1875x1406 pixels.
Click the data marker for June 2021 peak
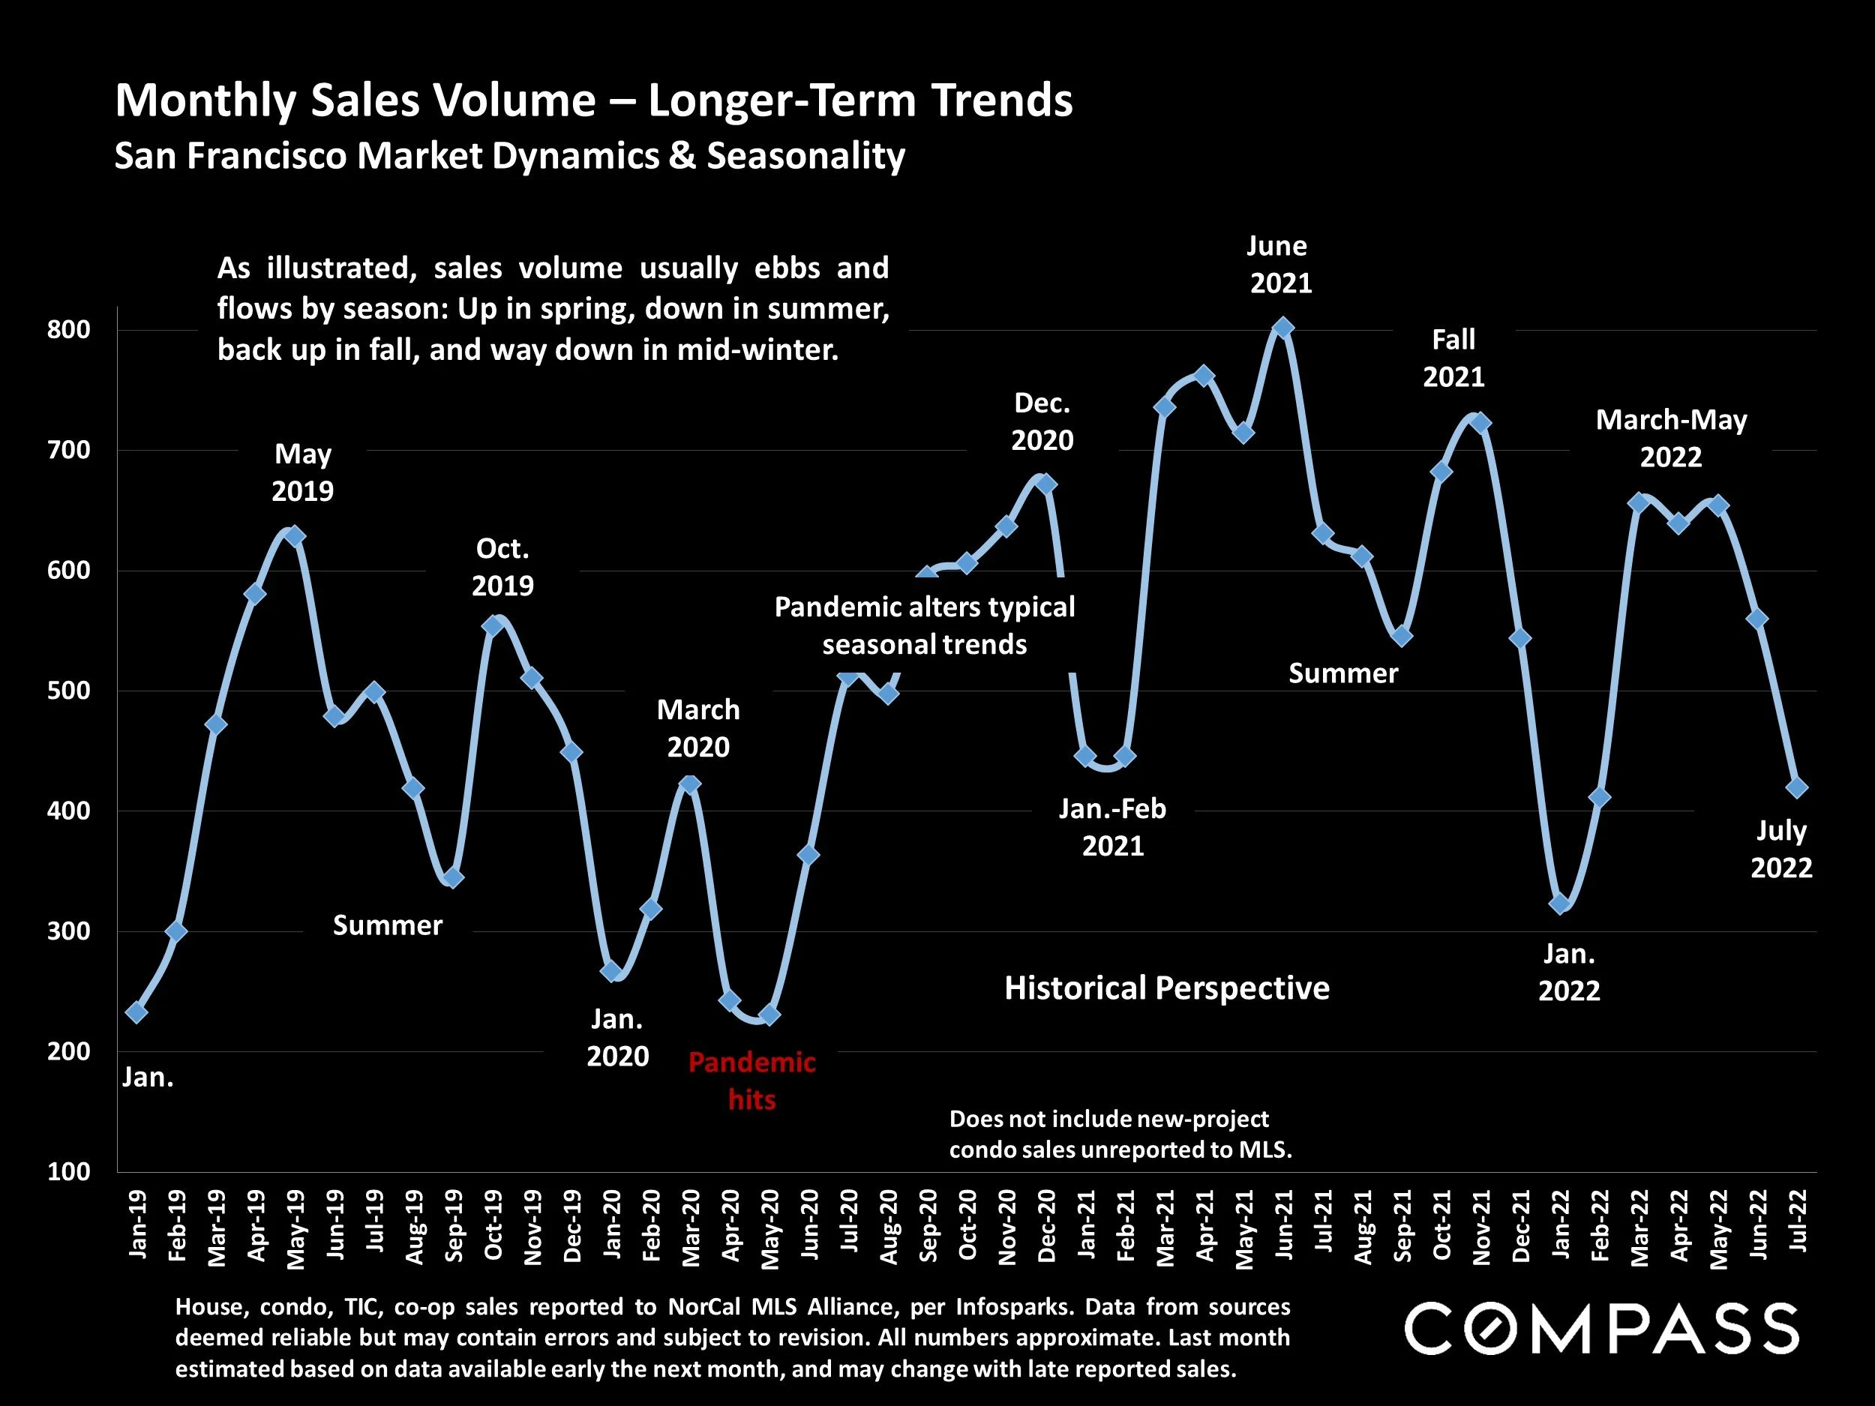coord(1283,328)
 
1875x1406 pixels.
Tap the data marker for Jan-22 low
coord(1560,904)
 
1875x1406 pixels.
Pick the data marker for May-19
coord(295,536)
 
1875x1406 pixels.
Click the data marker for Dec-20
coord(1046,484)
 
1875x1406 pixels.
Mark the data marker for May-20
coord(769,1015)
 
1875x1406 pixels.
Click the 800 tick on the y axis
coord(69,330)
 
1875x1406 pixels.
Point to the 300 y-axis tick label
coord(69,931)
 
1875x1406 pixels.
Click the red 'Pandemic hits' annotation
coord(751,1081)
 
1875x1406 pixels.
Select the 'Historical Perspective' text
coord(1166,988)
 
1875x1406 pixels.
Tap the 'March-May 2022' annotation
coord(1671,438)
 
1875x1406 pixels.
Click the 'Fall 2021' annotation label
coord(1453,358)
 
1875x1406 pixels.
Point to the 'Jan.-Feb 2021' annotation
coord(1112,827)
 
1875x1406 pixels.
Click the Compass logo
coord(1601,1329)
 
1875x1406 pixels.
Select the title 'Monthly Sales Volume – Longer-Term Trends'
coord(593,100)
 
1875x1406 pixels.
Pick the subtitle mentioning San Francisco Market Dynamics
coord(509,156)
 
